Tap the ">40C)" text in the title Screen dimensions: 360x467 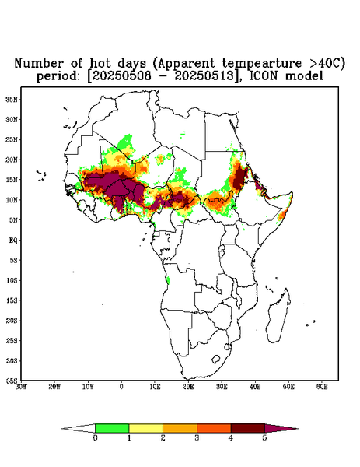pos(327,63)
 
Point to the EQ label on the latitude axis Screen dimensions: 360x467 pos(13,240)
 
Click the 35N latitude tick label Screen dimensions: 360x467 pos(12,99)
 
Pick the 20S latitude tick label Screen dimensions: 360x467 pos(12,321)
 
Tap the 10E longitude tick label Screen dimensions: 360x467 pos(155,387)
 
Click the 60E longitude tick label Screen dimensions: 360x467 pos(322,387)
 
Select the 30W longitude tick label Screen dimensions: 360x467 pos(21,387)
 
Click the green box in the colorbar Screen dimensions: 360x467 pos(112,428)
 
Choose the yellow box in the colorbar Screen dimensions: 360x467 pos(145,428)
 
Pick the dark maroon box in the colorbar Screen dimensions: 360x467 pos(248,428)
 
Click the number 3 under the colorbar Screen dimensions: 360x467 pos(197,438)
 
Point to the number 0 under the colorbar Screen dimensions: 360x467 pos(95,438)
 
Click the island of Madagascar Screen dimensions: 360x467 pos(278,318)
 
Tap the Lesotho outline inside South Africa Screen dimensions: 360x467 pos(216,359)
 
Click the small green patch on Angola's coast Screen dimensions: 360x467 pos(168,280)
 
